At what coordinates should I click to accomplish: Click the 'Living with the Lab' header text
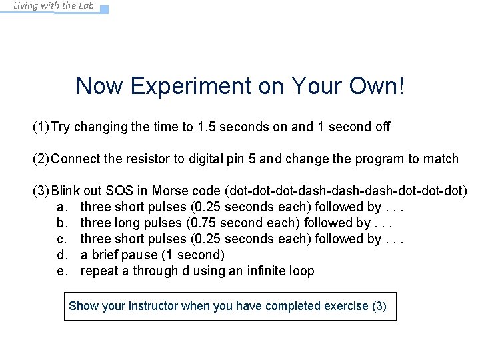[54, 6]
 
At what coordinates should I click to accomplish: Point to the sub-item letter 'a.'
[63, 207]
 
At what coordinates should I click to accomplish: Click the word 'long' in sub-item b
[126, 223]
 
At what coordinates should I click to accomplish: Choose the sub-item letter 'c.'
[63, 239]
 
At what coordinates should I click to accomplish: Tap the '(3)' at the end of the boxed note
[379, 306]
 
